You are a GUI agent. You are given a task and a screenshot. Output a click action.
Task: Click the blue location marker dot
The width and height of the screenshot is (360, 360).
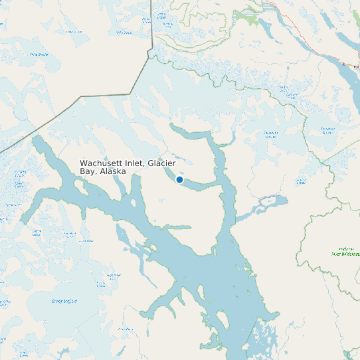point(179,179)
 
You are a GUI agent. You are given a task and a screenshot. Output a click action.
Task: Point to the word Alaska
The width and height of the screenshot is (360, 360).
point(113,171)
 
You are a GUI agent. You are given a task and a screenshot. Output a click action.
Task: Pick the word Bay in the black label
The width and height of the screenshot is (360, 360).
point(88,171)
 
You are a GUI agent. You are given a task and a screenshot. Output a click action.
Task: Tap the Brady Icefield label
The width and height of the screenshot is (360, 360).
point(64,301)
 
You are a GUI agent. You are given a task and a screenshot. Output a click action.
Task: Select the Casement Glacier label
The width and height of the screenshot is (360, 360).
point(270,135)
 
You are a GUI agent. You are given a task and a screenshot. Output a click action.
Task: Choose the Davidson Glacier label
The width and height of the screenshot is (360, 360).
point(326,130)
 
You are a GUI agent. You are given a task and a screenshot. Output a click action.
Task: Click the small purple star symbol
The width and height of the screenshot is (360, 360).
point(343,64)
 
